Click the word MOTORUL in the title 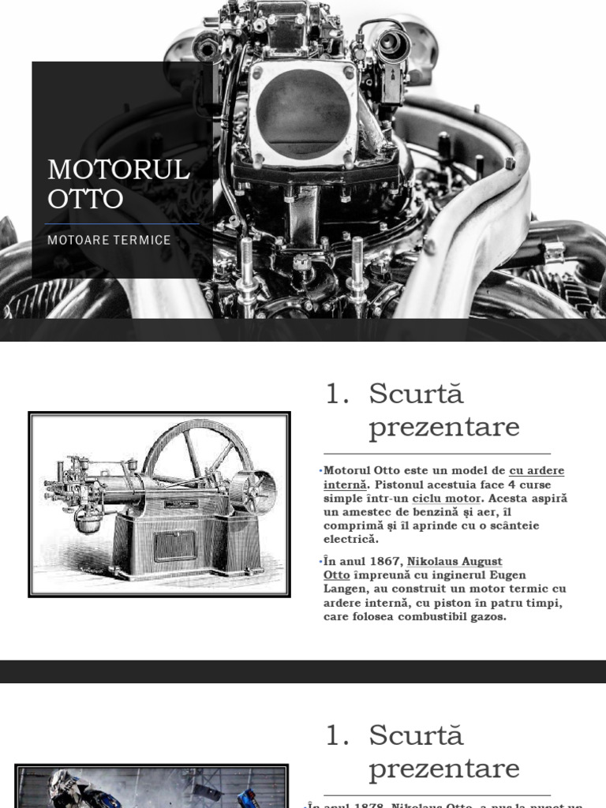pos(118,170)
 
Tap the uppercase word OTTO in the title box pos(85,199)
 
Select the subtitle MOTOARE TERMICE pos(109,240)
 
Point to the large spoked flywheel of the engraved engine pos(197,458)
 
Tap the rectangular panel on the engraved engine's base pos(174,545)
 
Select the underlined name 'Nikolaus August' pos(454,562)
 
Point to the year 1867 pos(384,562)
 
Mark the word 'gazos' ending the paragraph pos(487,616)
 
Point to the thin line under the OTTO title pos(122,224)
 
